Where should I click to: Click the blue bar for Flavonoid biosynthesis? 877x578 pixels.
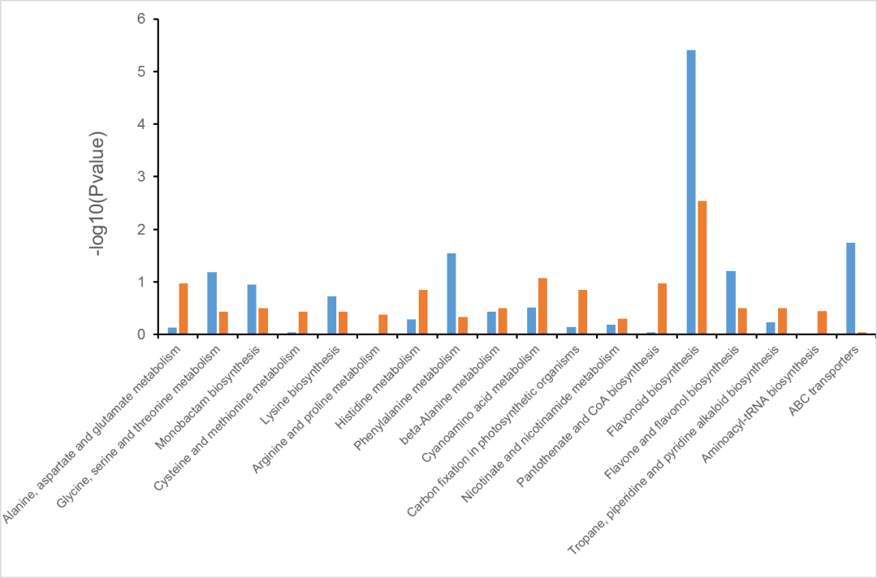tap(691, 192)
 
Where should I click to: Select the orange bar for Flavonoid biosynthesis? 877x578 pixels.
tap(702, 267)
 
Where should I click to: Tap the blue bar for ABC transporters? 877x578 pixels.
tap(850, 288)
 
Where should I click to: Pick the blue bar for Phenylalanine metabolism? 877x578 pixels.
tap(451, 294)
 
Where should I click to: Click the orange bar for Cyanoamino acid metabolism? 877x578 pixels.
tap(542, 306)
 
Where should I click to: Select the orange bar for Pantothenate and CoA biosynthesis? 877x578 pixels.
tap(663, 308)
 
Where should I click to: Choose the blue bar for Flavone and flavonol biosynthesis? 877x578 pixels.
tap(731, 303)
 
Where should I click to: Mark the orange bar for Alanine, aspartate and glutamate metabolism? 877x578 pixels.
tap(184, 308)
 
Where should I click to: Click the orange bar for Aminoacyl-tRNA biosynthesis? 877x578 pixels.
tap(822, 322)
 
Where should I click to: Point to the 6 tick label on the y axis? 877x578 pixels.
tap(141, 19)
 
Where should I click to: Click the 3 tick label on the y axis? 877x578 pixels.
tap(141, 177)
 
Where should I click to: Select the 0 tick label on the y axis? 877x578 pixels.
tap(141, 334)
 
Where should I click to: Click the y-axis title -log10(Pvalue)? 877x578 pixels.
tap(98, 194)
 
